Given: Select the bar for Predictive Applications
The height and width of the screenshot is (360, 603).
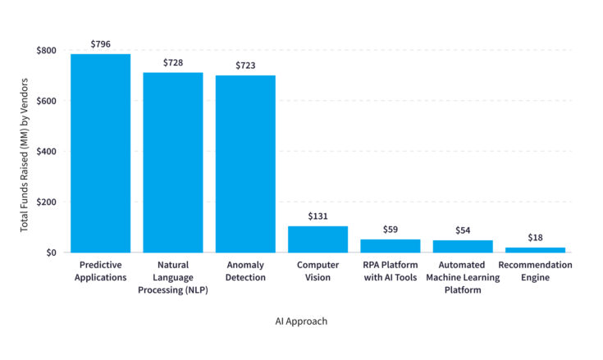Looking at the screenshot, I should click(100, 153).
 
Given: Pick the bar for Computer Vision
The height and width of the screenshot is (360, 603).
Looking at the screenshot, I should click(317, 239).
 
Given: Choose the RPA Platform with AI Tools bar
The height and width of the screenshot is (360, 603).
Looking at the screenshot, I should click(391, 245).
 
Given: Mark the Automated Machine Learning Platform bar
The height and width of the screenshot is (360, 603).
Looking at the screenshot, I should click(463, 246).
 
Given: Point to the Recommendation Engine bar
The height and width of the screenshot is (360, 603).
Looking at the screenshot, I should click(535, 249).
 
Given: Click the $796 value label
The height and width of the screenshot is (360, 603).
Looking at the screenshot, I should click(100, 44).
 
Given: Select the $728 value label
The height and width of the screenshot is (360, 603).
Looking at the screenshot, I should click(173, 63).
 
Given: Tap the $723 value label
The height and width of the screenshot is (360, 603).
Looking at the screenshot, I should click(245, 66).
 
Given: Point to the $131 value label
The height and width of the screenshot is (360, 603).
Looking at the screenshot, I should click(318, 216).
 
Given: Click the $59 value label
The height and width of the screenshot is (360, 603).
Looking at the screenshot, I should click(391, 230).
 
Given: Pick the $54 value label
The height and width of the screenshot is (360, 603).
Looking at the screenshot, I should click(463, 230).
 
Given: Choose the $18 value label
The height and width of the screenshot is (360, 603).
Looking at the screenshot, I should click(535, 238).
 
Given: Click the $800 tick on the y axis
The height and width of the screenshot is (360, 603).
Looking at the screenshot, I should click(45, 51).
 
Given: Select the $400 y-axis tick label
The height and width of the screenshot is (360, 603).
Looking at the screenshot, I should click(45, 152).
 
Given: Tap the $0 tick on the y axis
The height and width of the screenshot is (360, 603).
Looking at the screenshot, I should click(51, 253).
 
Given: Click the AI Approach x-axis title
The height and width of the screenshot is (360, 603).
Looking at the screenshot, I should click(301, 321).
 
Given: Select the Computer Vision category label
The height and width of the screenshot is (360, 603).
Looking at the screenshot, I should click(317, 271).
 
